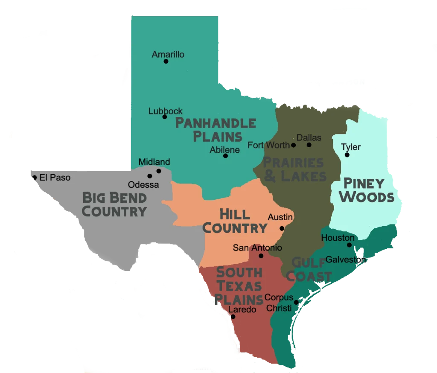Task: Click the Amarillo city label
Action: click(x=168, y=54)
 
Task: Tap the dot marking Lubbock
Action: click(x=165, y=117)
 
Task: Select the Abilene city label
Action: click(x=224, y=150)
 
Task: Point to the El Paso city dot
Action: click(x=35, y=178)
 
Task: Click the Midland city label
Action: click(x=154, y=162)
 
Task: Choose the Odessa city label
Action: click(x=143, y=185)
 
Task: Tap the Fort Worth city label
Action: click(x=268, y=145)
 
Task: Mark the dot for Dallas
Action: click(x=309, y=145)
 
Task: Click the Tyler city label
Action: click(x=351, y=147)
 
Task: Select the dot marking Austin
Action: click(x=282, y=228)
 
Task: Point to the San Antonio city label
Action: click(x=257, y=248)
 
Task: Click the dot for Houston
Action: click(x=349, y=245)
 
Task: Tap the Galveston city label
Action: click(x=345, y=259)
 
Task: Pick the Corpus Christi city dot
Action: click(x=296, y=303)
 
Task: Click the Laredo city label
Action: click(x=242, y=309)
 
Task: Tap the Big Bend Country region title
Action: click(x=114, y=204)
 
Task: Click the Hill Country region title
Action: click(x=234, y=221)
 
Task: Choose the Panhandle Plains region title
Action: click(x=216, y=130)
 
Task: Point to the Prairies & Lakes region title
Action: click(x=294, y=169)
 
